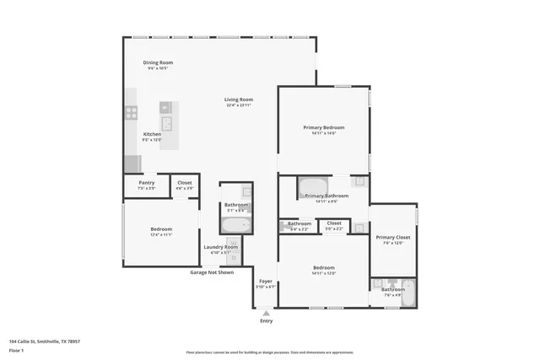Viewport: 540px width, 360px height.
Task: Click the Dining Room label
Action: [158, 62]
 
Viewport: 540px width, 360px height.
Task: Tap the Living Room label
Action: [239, 99]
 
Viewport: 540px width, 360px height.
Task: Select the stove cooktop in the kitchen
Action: [132, 110]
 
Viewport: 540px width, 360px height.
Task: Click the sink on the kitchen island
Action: [167, 125]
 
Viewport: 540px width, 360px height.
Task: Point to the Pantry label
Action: [146, 182]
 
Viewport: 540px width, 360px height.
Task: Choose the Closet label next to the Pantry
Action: [184, 182]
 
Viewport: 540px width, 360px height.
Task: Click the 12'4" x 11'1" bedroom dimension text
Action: [161, 234]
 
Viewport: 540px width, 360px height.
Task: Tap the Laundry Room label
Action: [220, 246]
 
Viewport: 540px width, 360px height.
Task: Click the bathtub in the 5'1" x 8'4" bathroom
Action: [235, 224]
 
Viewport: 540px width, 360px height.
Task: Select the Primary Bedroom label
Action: [324, 127]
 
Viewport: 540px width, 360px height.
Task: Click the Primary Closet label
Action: [392, 238]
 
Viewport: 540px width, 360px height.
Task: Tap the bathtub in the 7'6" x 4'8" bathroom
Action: [408, 293]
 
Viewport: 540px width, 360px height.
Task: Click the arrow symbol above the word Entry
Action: [267, 313]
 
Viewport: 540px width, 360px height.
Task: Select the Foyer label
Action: [266, 281]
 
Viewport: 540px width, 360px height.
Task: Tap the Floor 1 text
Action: [17, 350]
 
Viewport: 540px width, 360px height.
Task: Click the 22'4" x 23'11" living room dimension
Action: [239, 105]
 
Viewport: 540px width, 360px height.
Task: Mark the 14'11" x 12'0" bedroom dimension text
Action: [324, 273]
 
